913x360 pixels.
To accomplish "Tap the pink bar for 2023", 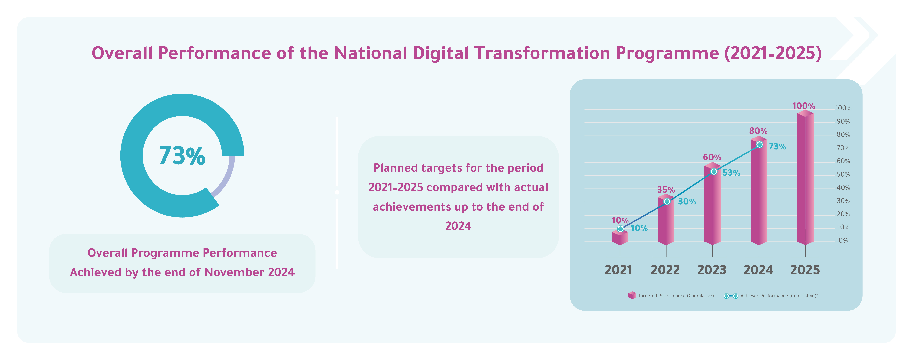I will pos(712,206).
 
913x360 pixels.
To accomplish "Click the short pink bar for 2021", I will pos(620,237).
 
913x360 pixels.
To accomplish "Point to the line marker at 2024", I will pos(760,145).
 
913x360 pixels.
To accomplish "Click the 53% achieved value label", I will pos(731,173).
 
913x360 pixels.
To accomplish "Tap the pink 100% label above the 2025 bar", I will pos(803,106).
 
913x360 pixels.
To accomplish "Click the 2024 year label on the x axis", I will pos(758,270).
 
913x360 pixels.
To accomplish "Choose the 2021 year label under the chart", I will pos(618,270).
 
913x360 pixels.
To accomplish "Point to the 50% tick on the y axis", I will pos(843,174).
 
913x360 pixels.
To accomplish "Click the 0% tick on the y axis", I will pos(843,241).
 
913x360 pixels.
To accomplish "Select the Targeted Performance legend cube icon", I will pos(632,296).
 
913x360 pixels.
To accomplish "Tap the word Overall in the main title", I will pos(122,53).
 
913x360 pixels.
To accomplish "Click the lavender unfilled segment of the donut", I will pos(227,177).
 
